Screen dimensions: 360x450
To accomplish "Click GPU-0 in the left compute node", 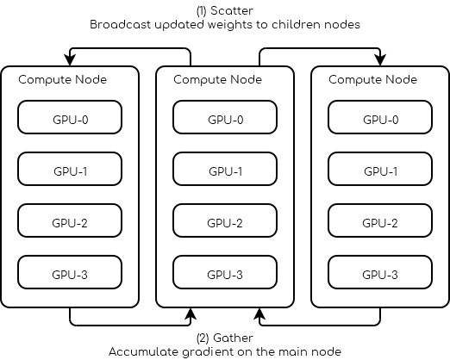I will (x=70, y=118).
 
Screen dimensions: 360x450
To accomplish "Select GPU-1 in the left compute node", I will (x=70, y=171).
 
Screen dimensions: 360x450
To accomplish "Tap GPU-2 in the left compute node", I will (x=70, y=222).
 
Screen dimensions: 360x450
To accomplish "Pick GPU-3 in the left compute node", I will (x=70, y=274).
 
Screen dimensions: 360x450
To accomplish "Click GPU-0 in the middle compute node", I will (x=225, y=118).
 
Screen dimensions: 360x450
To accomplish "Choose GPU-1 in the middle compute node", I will (x=225, y=171).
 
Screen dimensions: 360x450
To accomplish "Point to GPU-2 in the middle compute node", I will (x=225, y=222).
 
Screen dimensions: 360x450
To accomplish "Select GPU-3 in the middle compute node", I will (x=225, y=274).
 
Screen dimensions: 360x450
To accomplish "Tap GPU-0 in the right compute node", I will (x=380, y=118).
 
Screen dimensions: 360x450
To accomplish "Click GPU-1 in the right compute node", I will (x=380, y=171).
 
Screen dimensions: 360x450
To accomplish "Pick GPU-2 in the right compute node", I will (x=380, y=222).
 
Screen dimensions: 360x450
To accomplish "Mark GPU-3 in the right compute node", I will (x=380, y=274).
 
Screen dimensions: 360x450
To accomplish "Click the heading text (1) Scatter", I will (x=224, y=11).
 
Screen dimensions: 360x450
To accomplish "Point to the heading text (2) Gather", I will (x=224, y=338).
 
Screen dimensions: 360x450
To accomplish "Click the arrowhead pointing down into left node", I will (x=70, y=60).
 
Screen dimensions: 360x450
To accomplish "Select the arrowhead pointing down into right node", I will (x=380, y=60).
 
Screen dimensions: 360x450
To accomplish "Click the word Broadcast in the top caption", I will (x=120, y=25).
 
